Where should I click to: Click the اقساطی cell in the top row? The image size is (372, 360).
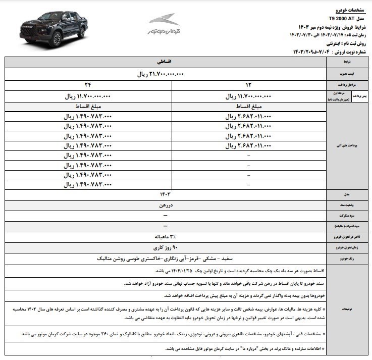pyautogui.click(x=166, y=62)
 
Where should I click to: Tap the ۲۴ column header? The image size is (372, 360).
pyautogui.click(x=90, y=85)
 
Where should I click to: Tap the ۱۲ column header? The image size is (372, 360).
pyautogui.click(x=248, y=85)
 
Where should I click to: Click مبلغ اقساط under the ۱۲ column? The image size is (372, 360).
pyautogui.click(x=248, y=107)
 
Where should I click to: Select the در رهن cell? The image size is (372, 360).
pyautogui.click(x=166, y=205)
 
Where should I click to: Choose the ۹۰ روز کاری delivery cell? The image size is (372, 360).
pyautogui.click(x=166, y=247)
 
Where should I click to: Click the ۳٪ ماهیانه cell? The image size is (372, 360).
pyautogui.click(x=166, y=237)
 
